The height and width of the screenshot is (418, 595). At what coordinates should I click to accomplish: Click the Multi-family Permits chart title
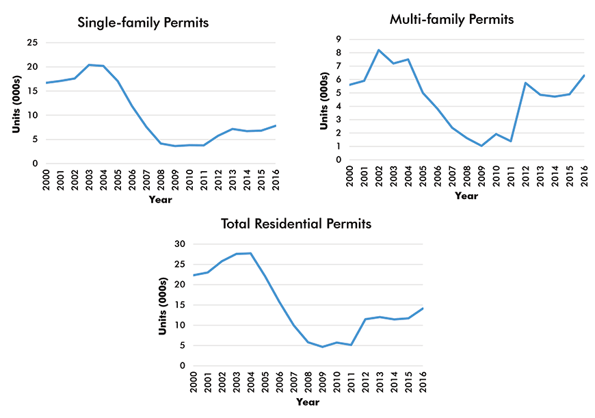(451, 19)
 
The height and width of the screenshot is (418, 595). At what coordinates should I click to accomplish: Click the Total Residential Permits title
(296, 223)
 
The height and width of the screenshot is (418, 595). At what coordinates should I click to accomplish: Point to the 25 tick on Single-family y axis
(32, 42)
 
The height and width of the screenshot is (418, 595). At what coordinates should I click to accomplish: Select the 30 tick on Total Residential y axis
(181, 244)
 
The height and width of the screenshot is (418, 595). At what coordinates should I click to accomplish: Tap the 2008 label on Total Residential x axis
(308, 383)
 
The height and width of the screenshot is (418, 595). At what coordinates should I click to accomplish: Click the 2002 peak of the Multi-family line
(378, 50)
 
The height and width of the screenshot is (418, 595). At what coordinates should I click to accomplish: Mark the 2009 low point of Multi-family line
(481, 146)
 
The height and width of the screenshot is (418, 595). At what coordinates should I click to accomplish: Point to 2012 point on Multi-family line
(525, 83)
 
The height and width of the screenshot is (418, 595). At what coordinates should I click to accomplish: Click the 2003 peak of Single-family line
(89, 65)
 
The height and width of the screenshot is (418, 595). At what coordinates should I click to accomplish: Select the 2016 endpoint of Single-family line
(276, 125)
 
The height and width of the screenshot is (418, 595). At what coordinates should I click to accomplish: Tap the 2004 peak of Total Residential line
(251, 253)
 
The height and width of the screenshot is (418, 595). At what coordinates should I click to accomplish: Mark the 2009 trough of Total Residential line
(323, 347)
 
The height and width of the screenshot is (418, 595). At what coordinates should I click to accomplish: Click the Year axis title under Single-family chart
(161, 200)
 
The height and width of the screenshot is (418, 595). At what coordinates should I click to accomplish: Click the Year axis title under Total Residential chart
(308, 402)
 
